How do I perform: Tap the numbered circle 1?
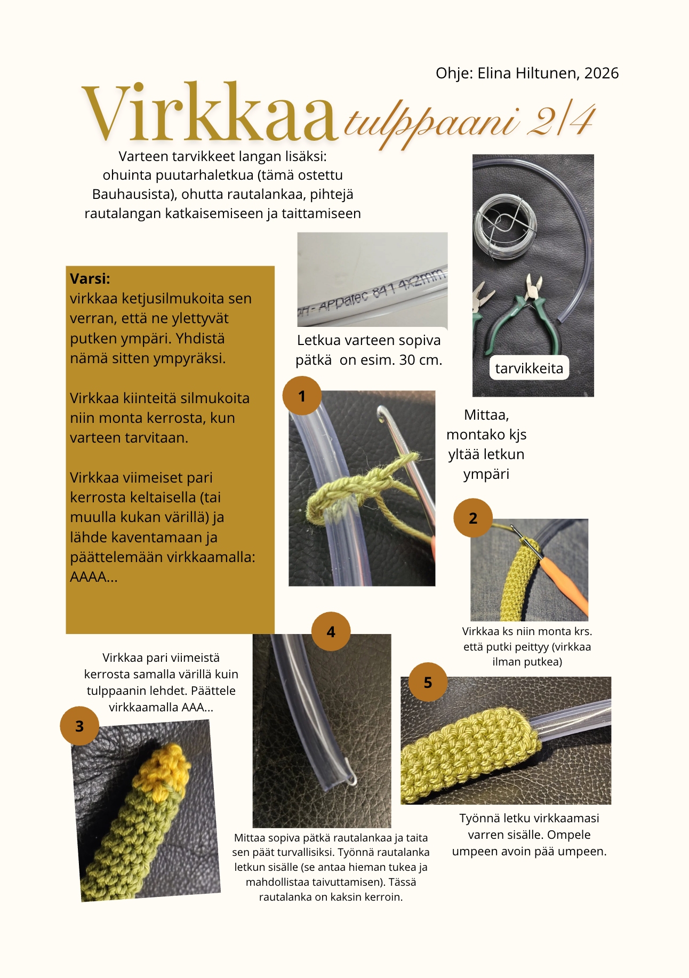point(302,396)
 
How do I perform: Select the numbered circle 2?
point(473,518)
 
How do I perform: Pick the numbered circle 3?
point(79,726)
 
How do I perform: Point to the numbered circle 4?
point(331,631)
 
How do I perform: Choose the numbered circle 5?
point(428,682)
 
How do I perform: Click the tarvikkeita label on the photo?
point(529,368)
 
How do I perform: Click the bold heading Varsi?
point(90,278)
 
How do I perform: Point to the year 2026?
point(602,73)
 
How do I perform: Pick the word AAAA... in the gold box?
point(94,576)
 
